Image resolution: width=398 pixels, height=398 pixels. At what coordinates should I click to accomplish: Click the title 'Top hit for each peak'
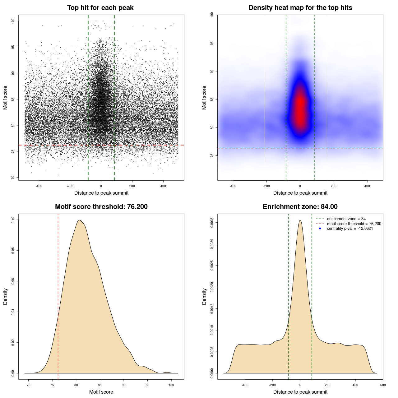(100, 8)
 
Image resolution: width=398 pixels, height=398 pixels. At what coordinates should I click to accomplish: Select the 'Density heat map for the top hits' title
(300, 8)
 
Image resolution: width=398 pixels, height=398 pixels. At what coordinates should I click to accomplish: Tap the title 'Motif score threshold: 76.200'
(101, 207)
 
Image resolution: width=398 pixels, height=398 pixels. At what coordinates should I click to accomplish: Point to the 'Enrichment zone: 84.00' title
(300, 207)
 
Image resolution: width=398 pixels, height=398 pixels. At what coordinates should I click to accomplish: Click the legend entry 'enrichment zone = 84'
(346, 219)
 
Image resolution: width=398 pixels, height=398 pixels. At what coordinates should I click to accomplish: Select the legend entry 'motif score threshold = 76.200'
(354, 224)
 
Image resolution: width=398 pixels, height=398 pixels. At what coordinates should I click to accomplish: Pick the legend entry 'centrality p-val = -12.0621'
(350, 229)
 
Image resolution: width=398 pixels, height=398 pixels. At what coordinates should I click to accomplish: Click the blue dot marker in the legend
(320, 229)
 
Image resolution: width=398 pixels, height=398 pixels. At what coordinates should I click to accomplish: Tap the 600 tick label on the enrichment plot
(383, 385)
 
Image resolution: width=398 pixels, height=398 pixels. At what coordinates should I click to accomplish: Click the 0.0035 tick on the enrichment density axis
(212, 223)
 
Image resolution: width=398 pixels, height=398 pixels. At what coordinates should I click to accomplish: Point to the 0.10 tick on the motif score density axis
(13, 220)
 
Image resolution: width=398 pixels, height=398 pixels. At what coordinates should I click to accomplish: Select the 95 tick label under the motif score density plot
(148, 385)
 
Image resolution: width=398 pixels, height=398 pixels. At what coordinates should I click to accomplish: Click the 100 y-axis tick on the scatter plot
(13, 21)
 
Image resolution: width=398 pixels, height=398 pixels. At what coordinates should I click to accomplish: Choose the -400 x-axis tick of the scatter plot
(39, 186)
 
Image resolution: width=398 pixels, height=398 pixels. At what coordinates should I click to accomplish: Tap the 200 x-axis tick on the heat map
(334, 186)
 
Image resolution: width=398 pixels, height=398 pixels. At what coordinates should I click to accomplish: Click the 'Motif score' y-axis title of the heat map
(204, 98)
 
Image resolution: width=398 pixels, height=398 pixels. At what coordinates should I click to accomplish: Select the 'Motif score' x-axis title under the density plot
(101, 392)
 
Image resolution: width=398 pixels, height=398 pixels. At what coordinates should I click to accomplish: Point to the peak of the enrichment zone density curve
(300, 220)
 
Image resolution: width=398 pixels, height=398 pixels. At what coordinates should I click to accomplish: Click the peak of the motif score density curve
(80, 220)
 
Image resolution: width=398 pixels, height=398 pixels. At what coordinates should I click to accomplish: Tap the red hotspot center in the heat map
(300, 107)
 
